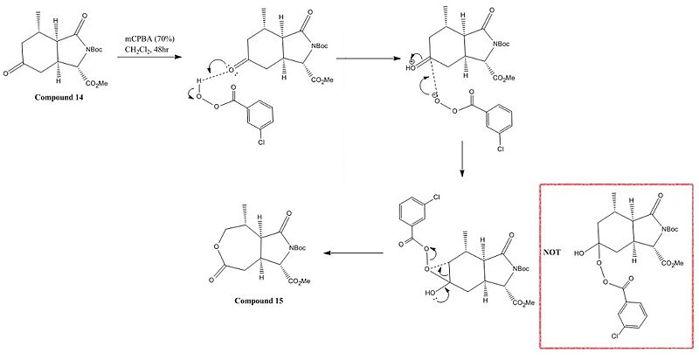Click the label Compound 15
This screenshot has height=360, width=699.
[x=259, y=301]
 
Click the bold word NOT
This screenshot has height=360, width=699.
[x=551, y=253]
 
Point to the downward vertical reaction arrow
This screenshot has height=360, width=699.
[x=461, y=159]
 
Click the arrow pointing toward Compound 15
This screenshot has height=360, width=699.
[x=354, y=253]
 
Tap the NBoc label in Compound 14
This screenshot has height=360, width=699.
[x=94, y=50]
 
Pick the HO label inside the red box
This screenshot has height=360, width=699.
[x=579, y=253]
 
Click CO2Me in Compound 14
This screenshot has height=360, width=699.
[x=96, y=82]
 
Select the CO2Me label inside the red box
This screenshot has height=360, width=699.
[x=673, y=263]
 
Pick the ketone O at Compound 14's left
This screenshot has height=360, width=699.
[x=5, y=73]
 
